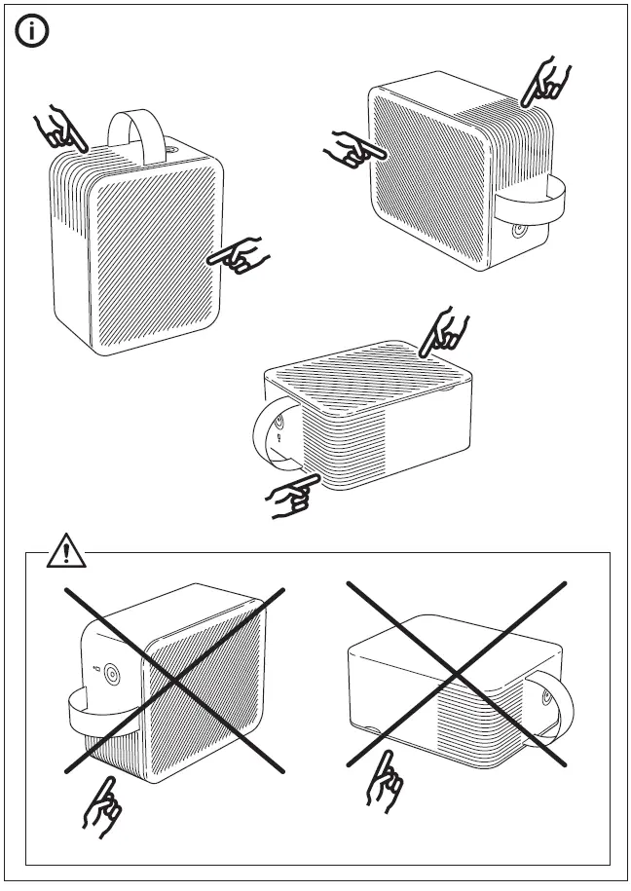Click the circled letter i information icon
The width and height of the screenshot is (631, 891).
coord(33,32)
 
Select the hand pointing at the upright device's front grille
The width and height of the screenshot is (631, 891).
coord(239,257)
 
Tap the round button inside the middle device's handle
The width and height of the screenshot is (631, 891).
coord(279,421)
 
